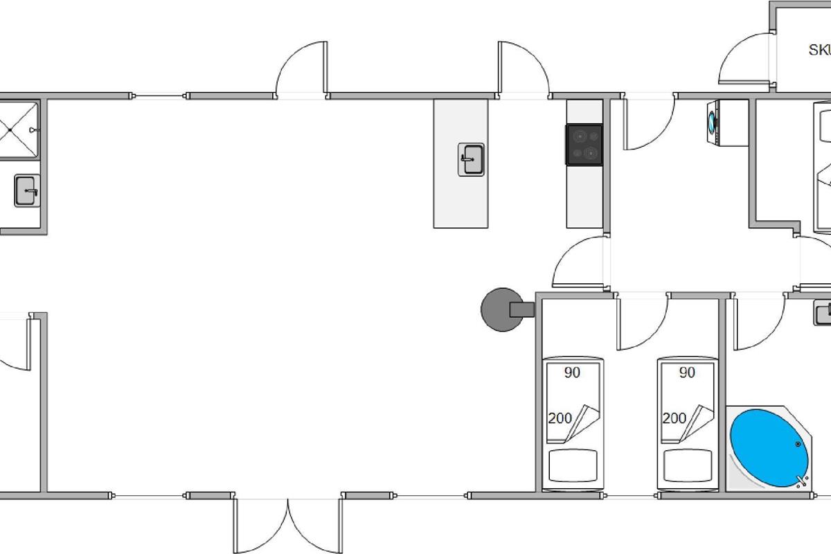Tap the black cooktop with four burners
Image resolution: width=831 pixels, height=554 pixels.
click(x=584, y=144)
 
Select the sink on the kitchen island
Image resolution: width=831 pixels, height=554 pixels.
click(x=472, y=159)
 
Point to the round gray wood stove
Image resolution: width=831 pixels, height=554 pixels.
click(x=501, y=310)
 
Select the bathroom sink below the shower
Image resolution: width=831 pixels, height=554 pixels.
click(x=27, y=190)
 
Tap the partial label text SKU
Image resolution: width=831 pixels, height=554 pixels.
click(x=819, y=50)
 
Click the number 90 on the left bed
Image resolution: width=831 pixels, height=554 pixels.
click(x=572, y=373)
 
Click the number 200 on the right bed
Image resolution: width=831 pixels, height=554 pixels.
click(x=674, y=418)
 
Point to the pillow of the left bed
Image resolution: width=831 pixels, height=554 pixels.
click(x=573, y=466)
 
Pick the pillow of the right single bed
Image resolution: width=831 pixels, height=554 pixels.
click(x=688, y=466)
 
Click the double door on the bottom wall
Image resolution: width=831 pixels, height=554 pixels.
click(x=288, y=523)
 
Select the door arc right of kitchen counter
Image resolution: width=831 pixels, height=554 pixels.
click(x=650, y=125)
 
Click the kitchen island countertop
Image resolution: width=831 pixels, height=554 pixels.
click(x=461, y=201)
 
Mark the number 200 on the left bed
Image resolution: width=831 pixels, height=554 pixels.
click(x=560, y=418)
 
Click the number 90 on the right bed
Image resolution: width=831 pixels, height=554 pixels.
click(x=687, y=373)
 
